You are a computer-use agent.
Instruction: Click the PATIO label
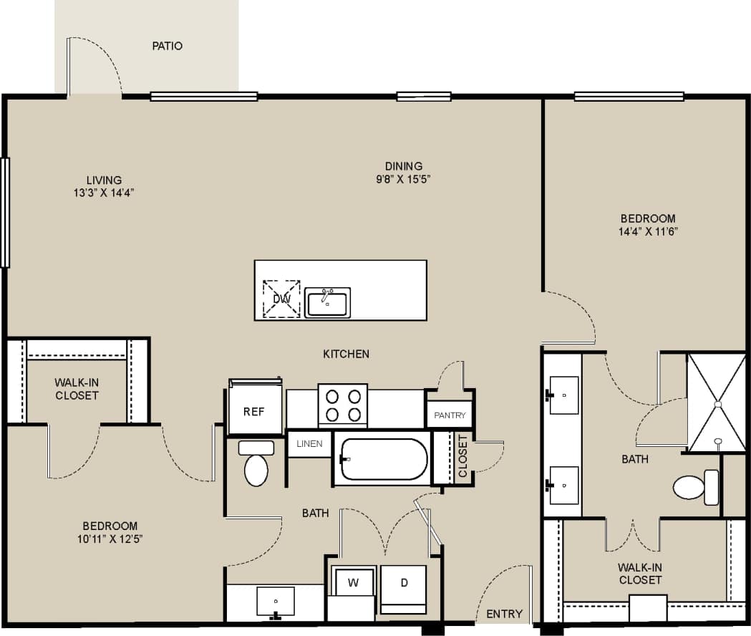coord(167,46)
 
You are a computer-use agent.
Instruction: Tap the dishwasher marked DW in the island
coord(281,299)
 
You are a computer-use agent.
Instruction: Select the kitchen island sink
coord(327,302)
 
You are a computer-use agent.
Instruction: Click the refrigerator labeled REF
coord(254,411)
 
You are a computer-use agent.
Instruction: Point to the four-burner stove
coord(342,405)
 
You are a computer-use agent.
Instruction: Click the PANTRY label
coord(450,415)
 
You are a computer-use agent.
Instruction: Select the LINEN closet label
coord(309,444)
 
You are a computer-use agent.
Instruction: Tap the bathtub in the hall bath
coord(383,459)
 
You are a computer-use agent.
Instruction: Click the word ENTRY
coord(504,614)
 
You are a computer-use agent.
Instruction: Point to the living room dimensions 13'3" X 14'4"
coord(105,192)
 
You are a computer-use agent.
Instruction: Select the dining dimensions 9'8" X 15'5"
coord(403,178)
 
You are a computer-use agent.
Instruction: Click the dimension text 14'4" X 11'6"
coord(648,231)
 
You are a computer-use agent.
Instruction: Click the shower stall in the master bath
coord(716,403)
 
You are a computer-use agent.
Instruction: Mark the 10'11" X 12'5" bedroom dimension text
coord(110,538)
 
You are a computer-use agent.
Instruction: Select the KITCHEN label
coord(346,354)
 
